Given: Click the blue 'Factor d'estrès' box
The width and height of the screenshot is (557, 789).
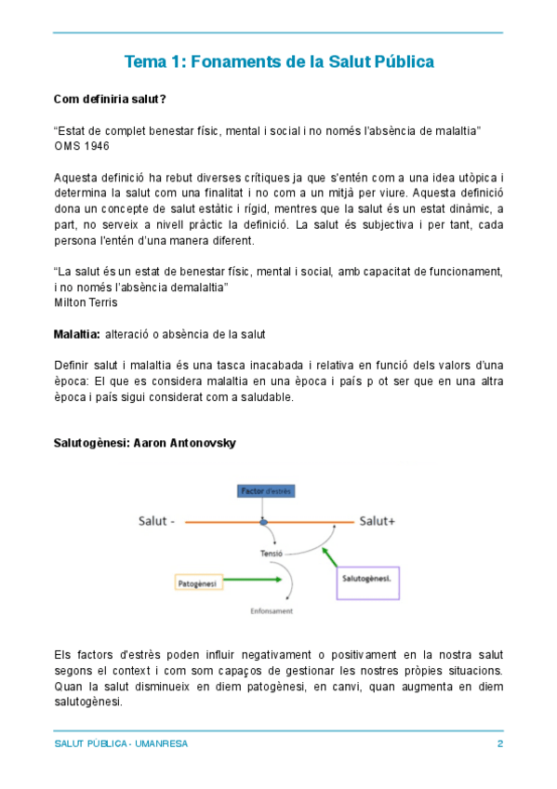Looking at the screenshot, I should click(x=265, y=491).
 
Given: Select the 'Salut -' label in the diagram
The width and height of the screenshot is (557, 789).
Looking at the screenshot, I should click(x=156, y=521).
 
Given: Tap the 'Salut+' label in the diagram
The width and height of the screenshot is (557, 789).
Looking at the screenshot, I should click(x=378, y=521).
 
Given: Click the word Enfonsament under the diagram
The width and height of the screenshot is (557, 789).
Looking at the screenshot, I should click(x=272, y=611).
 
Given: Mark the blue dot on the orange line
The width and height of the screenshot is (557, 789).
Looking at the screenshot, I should click(x=263, y=523).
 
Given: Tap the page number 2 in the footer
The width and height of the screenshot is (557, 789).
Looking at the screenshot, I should click(x=500, y=744).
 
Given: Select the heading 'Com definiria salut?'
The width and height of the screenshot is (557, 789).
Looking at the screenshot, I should click(x=110, y=99).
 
